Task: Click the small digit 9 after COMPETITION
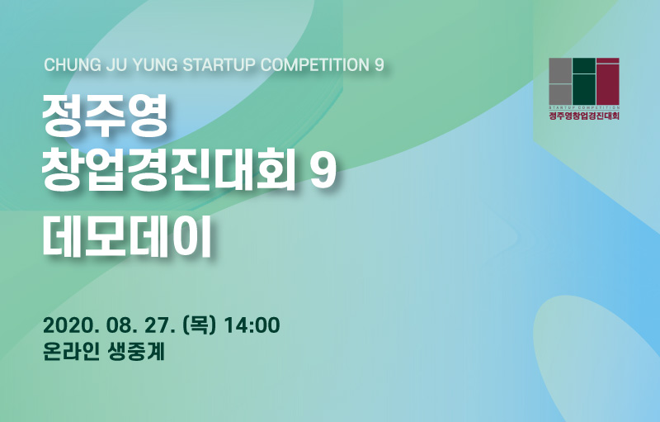(x=379, y=65)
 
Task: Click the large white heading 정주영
(x=105, y=116)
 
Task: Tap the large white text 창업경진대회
(x=168, y=171)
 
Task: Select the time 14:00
(x=252, y=325)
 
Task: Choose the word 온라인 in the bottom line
(x=71, y=352)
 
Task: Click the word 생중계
(x=135, y=352)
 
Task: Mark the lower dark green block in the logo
(x=584, y=89)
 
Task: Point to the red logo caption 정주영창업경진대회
(x=584, y=116)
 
